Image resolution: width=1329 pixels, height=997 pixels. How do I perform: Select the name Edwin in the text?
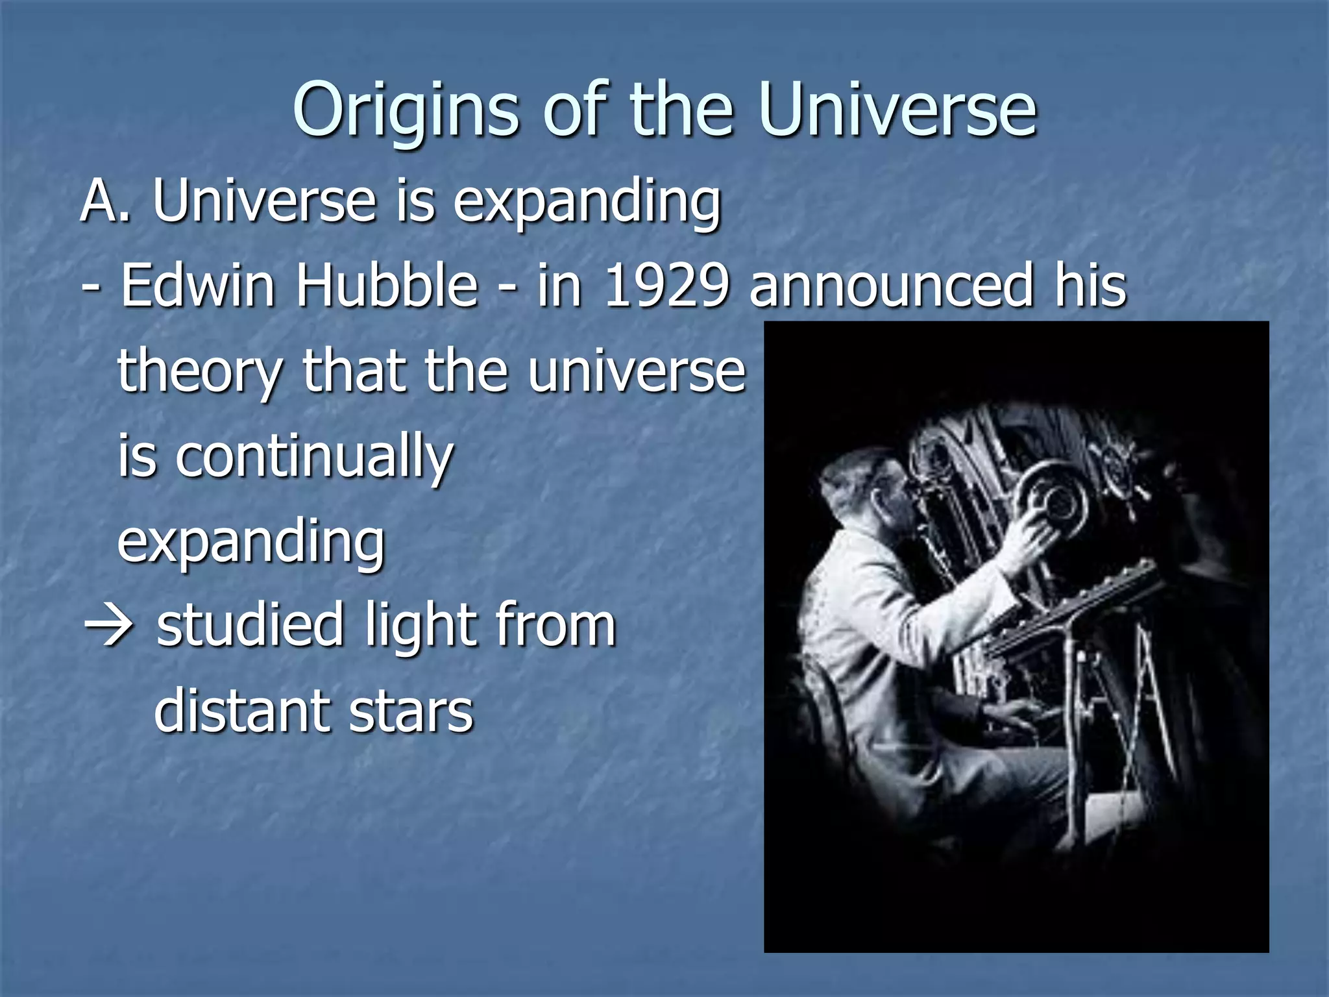(197, 286)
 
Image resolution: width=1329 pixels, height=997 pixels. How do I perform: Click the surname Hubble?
(387, 286)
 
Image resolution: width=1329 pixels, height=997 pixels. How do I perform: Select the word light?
(418, 627)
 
